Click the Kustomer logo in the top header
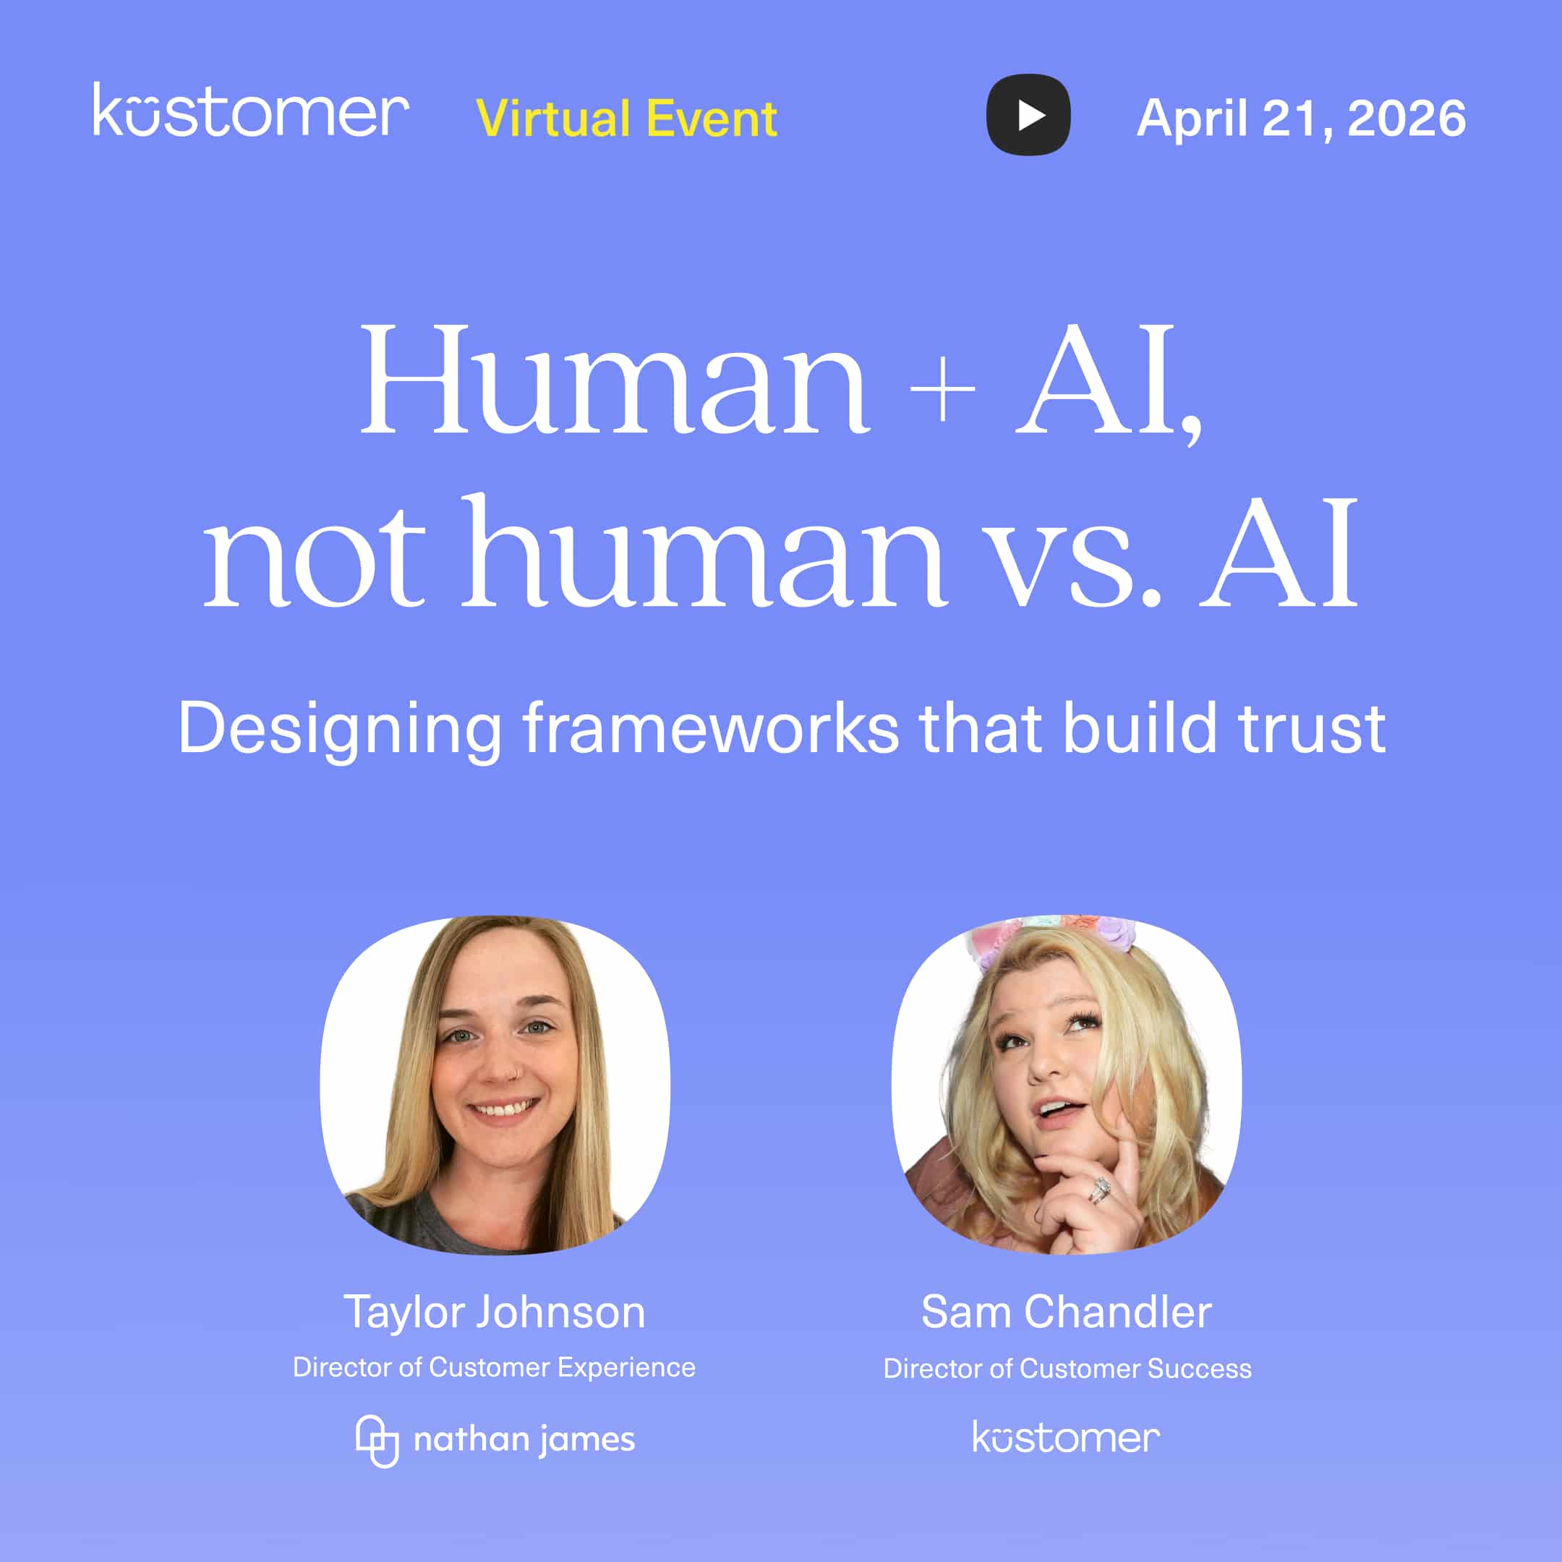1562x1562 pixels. pos(251,111)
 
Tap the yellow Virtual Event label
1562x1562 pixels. pos(626,119)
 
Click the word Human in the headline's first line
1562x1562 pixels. pos(615,380)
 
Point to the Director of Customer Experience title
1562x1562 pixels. pos(494,1367)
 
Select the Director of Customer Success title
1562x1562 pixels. pos(1067,1368)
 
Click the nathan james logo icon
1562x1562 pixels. pos(377,1441)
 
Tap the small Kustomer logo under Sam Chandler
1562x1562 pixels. pos(1066,1438)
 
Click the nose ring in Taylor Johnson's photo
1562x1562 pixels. pos(512,1074)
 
